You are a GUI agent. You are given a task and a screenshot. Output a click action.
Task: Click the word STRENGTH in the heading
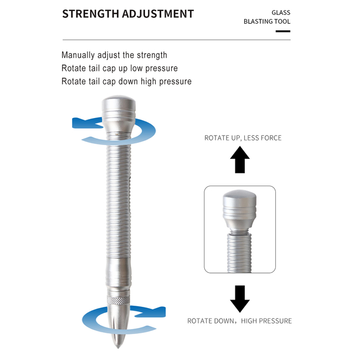tap(91, 14)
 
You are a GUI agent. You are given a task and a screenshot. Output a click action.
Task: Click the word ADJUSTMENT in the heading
tap(158, 14)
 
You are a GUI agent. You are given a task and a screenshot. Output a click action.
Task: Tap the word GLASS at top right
tap(281, 12)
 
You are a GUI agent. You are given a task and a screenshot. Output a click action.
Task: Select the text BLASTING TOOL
tap(267, 22)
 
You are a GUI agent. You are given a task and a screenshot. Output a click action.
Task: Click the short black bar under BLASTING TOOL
tap(283, 31)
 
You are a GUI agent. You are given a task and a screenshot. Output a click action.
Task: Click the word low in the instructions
tap(136, 68)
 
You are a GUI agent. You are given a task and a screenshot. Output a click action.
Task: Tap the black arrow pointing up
tap(240, 160)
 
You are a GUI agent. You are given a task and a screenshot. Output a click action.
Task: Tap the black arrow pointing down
tap(240, 299)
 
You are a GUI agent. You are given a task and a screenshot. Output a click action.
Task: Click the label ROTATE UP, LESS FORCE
tap(243, 138)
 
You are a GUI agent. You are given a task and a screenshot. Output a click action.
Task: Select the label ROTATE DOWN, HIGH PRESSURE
tap(239, 321)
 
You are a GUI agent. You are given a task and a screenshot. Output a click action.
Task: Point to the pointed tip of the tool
tap(118, 347)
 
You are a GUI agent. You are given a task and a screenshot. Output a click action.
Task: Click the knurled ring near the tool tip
tap(119, 300)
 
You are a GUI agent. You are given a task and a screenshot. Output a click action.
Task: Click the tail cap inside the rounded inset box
tap(239, 209)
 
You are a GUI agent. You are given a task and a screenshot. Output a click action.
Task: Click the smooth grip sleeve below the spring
tap(119, 272)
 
